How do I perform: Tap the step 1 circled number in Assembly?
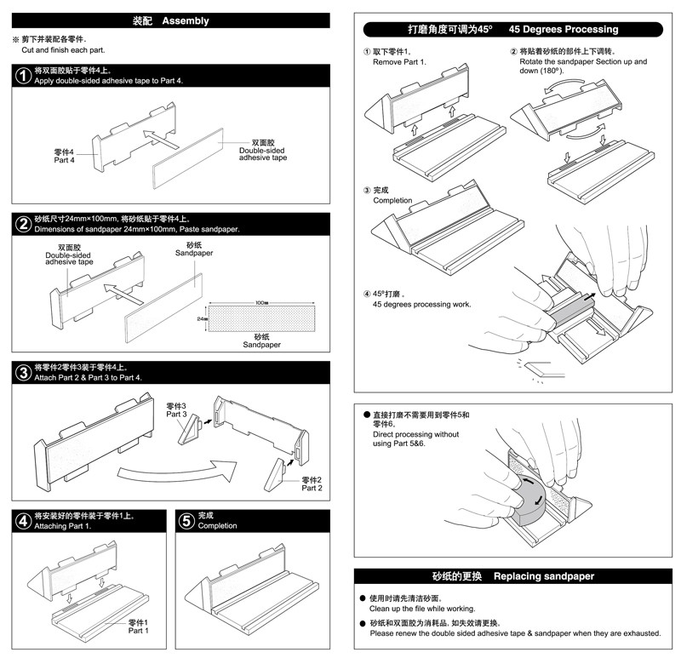pyautogui.click(x=24, y=75)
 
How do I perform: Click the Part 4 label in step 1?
pyautogui.click(x=65, y=156)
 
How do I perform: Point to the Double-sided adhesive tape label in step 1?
pyautogui.click(x=262, y=151)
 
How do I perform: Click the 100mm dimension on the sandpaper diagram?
pyautogui.click(x=261, y=303)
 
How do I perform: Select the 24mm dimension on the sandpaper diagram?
pyautogui.click(x=203, y=318)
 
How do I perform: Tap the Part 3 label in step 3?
pyautogui.click(x=176, y=409)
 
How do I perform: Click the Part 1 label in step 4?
pyautogui.click(x=138, y=627)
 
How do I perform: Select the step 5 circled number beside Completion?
pyautogui.click(x=186, y=520)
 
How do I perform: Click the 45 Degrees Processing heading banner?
pyautogui.click(x=517, y=29)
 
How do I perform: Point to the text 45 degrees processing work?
pyautogui.click(x=421, y=304)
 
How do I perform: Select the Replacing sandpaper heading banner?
pyautogui.click(x=517, y=576)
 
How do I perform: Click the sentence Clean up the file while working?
pyautogui.click(x=421, y=609)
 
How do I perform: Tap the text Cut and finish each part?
pyautogui.click(x=58, y=50)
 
